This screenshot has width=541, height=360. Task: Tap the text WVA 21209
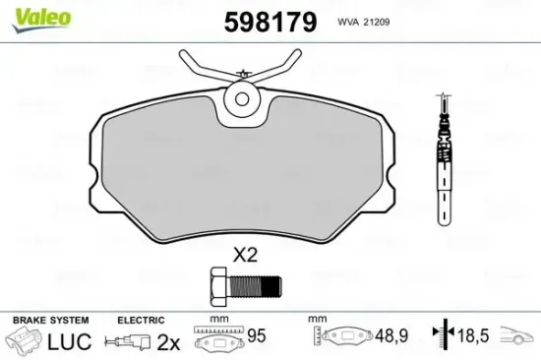(365, 21)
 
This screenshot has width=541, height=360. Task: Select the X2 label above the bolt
(244, 256)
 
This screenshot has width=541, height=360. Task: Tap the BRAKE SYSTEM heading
(50, 320)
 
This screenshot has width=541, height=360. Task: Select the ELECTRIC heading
(141, 320)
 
